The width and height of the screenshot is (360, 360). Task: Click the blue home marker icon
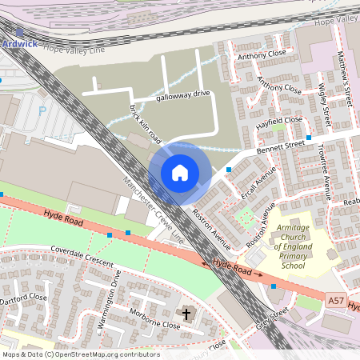click(x=180, y=173)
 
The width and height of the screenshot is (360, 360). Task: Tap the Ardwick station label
click(x=19, y=43)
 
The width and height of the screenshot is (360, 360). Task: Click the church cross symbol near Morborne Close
click(x=189, y=314)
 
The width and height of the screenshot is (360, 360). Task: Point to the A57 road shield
click(x=338, y=300)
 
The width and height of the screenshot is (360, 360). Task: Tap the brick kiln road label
click(x=140, y=120)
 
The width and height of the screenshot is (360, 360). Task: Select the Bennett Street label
click(x=281, y=147)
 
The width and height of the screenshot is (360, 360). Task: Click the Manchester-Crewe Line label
click(x=153, y=209)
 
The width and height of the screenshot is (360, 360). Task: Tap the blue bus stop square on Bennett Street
click(x=229, y=170)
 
